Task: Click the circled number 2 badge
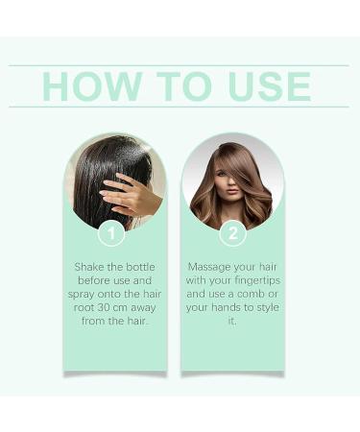click(231, 232)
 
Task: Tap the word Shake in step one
click(90, 266)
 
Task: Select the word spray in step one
click(90, 295)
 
